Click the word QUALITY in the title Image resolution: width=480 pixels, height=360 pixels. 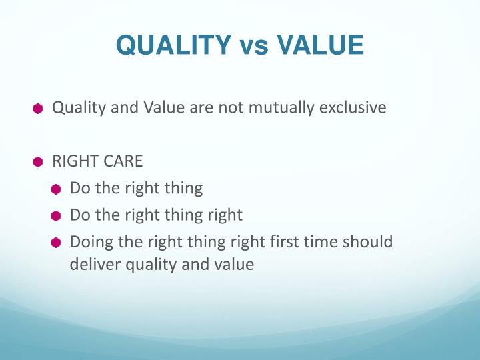click(x=169, y=47)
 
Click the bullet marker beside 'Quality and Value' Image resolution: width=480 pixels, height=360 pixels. click(x=39, y=108)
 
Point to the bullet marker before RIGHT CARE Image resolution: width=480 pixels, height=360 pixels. click(x=39, y=162)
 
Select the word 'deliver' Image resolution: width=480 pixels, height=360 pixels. click(x=93, y=265)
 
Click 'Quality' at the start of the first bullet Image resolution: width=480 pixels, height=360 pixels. click(x=76, y=108)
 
